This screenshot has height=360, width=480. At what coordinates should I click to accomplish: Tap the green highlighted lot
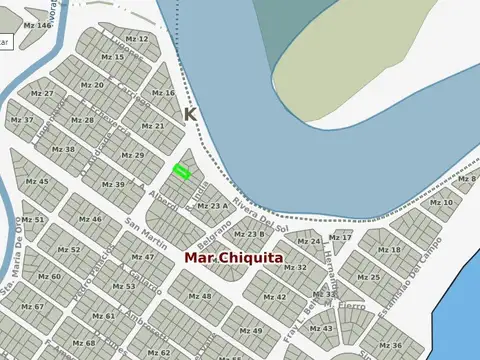pyautogui.click(x=181, y=172)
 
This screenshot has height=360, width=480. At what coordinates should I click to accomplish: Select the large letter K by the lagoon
pyautogui.click(x=190, y=115)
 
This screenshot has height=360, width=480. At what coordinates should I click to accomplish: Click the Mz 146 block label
pyautogui.click(x=36, y=25)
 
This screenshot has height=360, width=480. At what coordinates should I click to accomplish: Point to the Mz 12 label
pyautogui.click(x=137, y=39)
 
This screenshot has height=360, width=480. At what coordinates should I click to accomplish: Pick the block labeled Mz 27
pyautogui.click(x=42, y=93)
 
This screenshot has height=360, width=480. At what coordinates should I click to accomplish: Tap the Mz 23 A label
pyautogui.click(x=211, y=206)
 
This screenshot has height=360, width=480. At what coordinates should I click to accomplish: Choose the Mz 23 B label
pyautogui.click(x=249, y=234)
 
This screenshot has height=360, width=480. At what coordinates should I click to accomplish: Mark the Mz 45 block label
pyautogui.click(x=37, y=181)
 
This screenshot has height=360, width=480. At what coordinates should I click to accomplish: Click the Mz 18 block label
pyautogui.click(x=389, y=249)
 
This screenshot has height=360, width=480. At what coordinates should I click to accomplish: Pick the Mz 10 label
pyautogui.click(x=441, y=203)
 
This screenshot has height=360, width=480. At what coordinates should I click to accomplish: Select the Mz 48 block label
pyautogui.click(x=200, y=296)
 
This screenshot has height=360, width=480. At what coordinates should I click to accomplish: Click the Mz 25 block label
pyautogui.click(x=368, y=277)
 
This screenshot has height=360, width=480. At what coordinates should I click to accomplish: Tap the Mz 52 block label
pyautogui.click(x=69, y=249)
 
